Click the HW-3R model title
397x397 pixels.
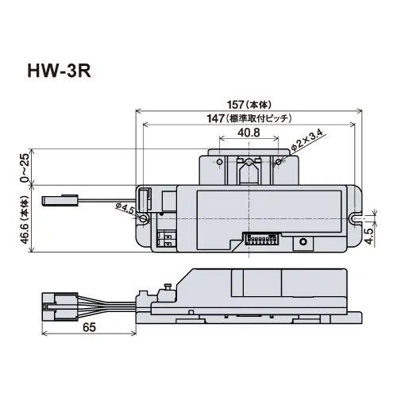click(x=60, y=71)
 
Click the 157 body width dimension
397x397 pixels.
click(x=249, y=105)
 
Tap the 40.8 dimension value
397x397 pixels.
click(x=249, y=133)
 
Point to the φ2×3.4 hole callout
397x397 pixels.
click(x=307, y=141)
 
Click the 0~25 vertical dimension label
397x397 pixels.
click(x=25, y=168)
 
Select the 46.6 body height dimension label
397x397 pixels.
click(x=25, y=220)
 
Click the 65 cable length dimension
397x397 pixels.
click(x=89, y=327)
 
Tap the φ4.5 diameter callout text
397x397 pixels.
click(x=125, y=208)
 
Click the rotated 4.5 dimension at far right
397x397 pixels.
click(x=368, y=236)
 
